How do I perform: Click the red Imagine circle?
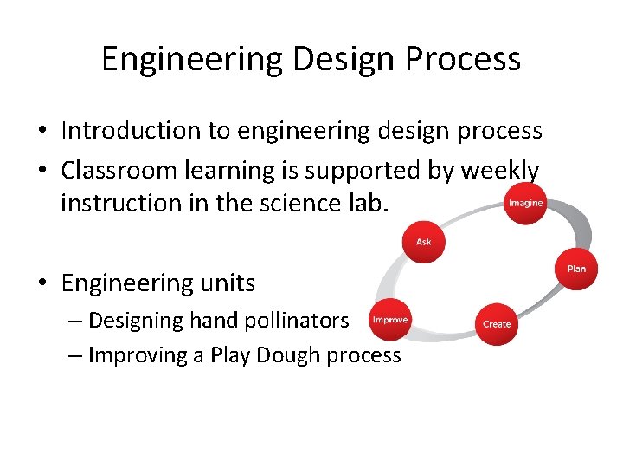coord(525,203)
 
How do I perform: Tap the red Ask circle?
coord(423,242)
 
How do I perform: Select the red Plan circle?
coord(576,269)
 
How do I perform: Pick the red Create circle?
coord(497,323)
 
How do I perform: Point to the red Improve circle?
coord(389,320)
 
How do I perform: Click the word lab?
coord(371,203)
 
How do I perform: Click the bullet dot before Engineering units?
coord(42,284)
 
